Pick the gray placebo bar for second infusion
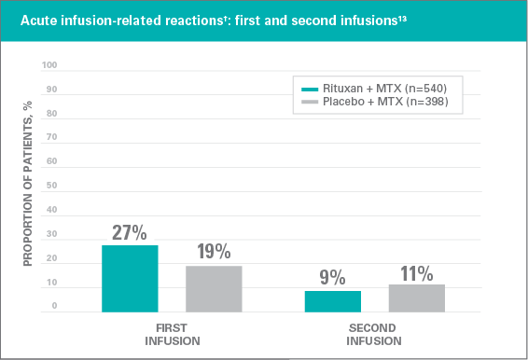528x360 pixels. (417, 298)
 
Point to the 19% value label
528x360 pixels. (214, 252)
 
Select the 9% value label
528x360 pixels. (333, 277)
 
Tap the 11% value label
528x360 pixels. (417, 272)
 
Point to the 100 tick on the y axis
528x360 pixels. (49, 66)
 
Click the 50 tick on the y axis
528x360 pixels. (52, 186)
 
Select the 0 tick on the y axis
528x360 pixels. (54, 306)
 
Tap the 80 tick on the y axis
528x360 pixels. (52, 114)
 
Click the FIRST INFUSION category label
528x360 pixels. (172, 335)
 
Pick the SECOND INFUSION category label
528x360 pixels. (375, 335)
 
